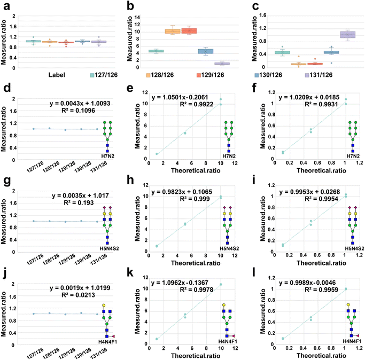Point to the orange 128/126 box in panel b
coord(172,31)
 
